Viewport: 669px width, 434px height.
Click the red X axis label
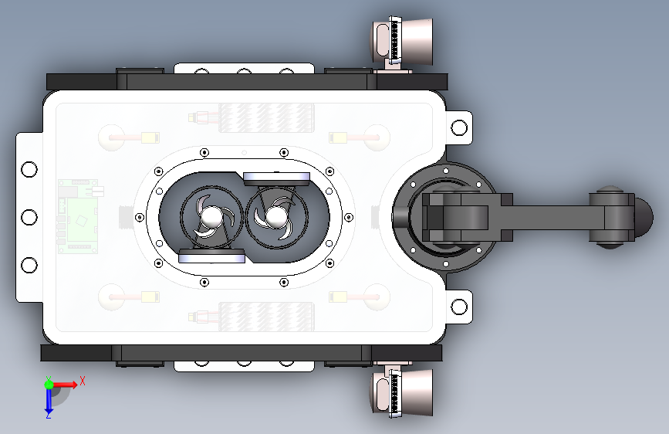pos(83,381)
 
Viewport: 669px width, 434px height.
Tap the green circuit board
pos(78,216)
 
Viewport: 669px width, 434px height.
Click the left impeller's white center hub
pos(210,216)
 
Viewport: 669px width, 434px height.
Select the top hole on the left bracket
pos(29,170)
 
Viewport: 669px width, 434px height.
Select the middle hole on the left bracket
pos(29,218)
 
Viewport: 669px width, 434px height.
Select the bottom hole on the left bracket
pos(29,266)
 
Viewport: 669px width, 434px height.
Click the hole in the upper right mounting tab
pos(459,127)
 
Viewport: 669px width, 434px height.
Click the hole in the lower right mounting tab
pos(459,307)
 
